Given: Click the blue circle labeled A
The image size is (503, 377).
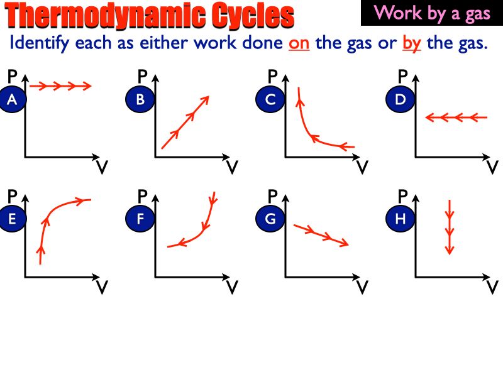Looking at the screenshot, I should [x=11, y=99].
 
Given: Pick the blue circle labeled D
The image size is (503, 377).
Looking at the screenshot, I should [x=401, y=99].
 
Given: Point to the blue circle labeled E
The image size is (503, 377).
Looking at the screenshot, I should [x=11, y=219].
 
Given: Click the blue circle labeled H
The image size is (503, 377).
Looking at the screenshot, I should [x=401, y=219].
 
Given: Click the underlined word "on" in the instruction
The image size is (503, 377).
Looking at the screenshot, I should [x=299, y=45].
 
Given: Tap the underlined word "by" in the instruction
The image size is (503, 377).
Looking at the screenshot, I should [x=411, y=45].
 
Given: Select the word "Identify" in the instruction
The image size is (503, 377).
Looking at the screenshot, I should [x=39, y=45].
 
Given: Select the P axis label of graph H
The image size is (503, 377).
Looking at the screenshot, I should [x=403, y=196].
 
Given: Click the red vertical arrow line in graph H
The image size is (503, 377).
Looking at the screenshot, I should [x=450, y=227].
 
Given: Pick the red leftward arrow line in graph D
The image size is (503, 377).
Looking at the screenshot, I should [x=456, y=117].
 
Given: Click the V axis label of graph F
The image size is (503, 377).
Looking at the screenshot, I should [x=232, y=287].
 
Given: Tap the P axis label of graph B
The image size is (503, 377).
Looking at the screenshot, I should [x=142, y=77].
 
